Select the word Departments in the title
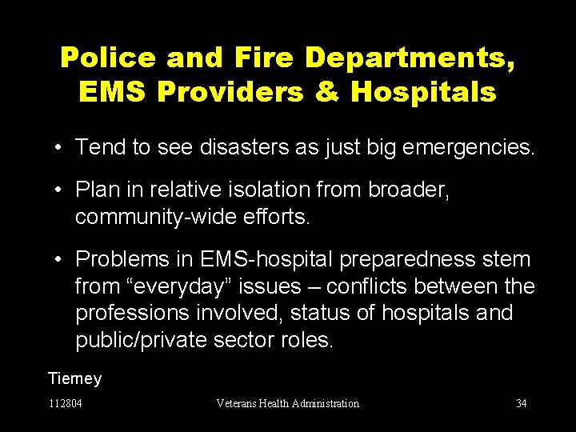click(409, 58)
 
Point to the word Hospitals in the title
click(424, 93)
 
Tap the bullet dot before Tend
click(60, 147)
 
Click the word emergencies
click(453, 147)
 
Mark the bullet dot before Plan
click(60, 190)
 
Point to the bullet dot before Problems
click(60, 259)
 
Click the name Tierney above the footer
click(75, 378)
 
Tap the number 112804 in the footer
click(65, 403)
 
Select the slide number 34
click(522, 403)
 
